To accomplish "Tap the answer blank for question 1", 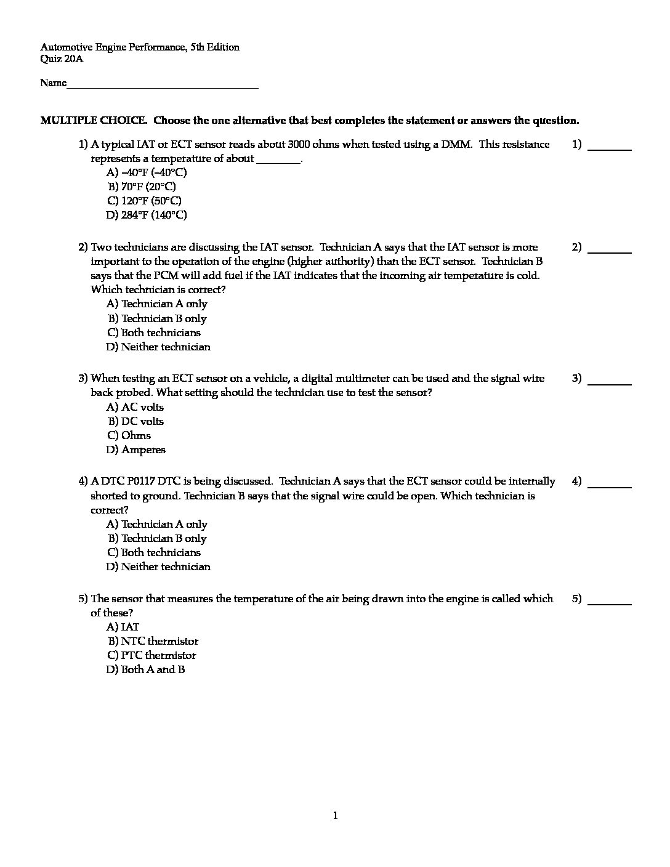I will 610,148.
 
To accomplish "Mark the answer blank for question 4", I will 610,485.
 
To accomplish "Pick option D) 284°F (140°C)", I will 146,215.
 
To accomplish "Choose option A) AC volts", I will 135,407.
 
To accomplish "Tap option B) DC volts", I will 136,421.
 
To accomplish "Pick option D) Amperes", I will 135,450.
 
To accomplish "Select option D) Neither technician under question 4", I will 158,567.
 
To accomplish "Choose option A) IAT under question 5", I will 123,627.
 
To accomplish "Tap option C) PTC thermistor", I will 151,655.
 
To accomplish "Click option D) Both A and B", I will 145,669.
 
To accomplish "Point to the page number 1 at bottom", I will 335,816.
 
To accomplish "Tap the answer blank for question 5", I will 610,602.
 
